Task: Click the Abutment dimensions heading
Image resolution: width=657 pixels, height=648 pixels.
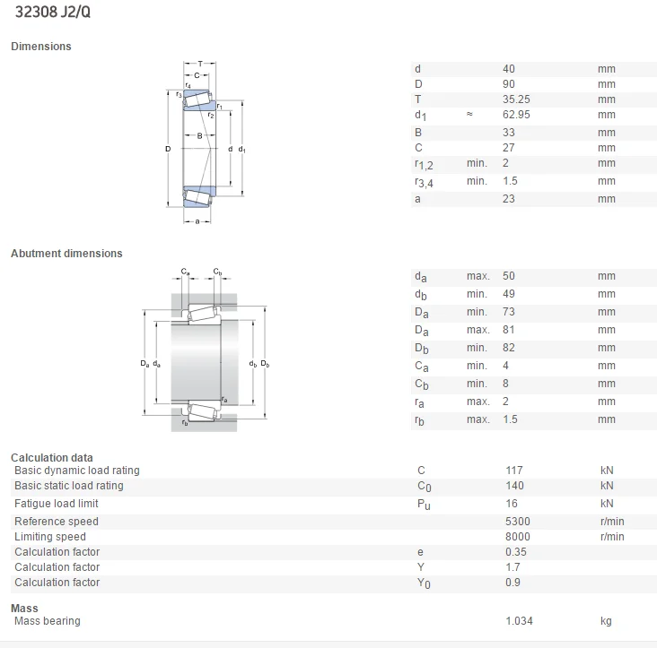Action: pos(66,254)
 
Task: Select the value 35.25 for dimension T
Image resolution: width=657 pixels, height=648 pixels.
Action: pos(517,99)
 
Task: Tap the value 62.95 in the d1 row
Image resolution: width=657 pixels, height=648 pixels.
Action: pos(517,115)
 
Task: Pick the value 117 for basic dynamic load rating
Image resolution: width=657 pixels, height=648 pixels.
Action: pos(513,471)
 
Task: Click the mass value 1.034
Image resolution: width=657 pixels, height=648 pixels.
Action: pos(519,621)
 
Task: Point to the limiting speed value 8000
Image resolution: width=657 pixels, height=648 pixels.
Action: pos(517,537)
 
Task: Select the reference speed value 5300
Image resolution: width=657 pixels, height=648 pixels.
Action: pos(517,522)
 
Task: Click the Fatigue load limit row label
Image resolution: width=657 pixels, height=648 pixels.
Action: pos(57,504)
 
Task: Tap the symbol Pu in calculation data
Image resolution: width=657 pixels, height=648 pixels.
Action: pos(423,505)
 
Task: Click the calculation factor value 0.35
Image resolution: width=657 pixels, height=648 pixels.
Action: pos(515,552)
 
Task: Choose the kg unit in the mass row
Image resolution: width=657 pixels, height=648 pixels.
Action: pos(607,621)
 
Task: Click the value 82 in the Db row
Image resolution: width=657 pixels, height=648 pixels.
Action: pos(509,348)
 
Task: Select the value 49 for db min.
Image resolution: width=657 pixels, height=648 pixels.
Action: pos(509,294)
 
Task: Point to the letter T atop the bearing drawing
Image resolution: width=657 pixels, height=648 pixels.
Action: pos(200,64)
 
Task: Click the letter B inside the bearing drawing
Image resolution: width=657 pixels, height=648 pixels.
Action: pos(200,136)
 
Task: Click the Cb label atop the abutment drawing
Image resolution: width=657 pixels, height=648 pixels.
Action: pos(218,272)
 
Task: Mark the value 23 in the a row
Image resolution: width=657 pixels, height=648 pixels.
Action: pos(509,199)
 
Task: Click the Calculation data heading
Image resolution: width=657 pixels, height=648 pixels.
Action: pos(52,458)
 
